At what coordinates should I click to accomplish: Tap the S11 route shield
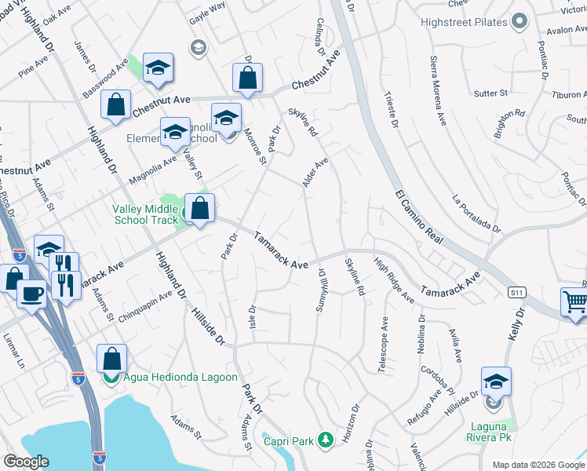[x=516, y=292]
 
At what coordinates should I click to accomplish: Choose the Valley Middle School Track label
[x=147, y=215]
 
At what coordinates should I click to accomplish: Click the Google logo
[x=27, y=462]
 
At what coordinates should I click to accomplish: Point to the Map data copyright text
[x=538, y=465]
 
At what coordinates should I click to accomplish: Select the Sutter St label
[x=491, y=93]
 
